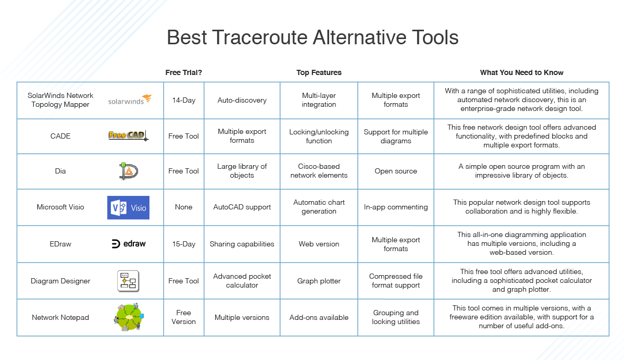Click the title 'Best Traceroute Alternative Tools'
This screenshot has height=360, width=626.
pyautogui.click(x=312, y=38)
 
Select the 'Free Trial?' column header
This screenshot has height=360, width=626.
pyautogui.click(x=183, y=72)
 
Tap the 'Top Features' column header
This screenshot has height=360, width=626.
pyautogui.click(x=319, y=72)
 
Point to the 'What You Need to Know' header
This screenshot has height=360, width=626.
pyautogui.click(x=521, y=72)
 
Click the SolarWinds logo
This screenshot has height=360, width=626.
pyautogui.click(x=130, y=100)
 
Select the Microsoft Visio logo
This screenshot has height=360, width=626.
pyautogui.click(x=128, y=207)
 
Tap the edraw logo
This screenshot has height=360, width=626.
pyautogui.click(x=129, y=244)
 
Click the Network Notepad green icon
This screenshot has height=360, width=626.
pyautogui.click(x=128, y=317)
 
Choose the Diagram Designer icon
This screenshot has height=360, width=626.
pyautogui.click(x=128, y=281)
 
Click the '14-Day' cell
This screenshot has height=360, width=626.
pyautogui.click(x=183, y=100)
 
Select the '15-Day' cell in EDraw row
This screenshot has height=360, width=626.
pyautogui.click(x=183, y=244)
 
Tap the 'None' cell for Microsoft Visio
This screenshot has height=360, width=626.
pyautogui.click(x=183, y=207)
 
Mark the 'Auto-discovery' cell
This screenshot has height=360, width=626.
pyautogui.click(x=242, y=100)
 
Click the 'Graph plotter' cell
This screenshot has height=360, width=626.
pyautogui.click(x=319, y=281)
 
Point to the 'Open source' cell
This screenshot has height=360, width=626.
pyautogui.click(x=395, y=171)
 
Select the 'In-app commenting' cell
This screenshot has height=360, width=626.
pyautogui.click(x=395, y=207)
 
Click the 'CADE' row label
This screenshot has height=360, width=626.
pyautogui.click(x=60, y=136)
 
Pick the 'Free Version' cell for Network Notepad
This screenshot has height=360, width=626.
pyautogui.click(x=183, y=317)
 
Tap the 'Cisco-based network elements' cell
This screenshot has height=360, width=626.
pyautogui.click(x=319, y=171)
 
